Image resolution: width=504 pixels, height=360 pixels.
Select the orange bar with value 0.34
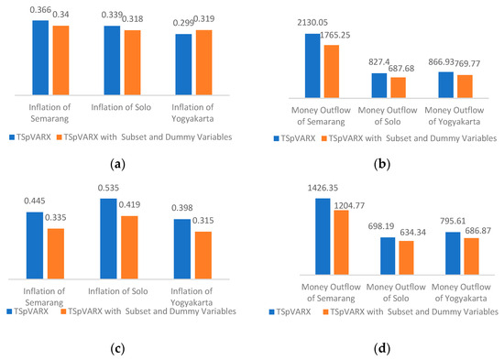[x=60, y=60]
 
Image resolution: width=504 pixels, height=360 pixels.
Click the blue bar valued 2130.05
[x=312, y=65]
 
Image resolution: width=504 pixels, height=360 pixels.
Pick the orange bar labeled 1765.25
[x=332, y=71]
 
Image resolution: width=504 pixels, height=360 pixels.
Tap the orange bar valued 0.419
[x=129, y=247]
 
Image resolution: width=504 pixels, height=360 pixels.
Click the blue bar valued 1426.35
[x=323, y=238]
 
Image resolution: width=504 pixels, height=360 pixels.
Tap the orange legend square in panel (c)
[x=64, y=311]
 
